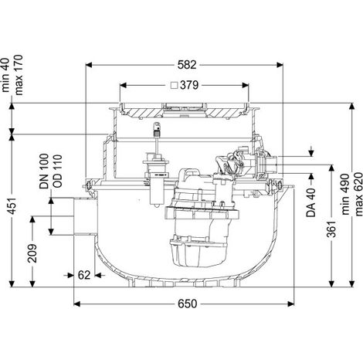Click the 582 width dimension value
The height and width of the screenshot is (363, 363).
[x=187, y=65]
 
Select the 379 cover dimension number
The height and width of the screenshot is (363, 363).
[x=189, y=85]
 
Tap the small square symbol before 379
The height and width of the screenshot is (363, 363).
[x=175, y=85]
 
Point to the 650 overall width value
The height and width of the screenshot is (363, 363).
[x=187, y=304]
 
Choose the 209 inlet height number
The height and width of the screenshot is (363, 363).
[x=32, y=253]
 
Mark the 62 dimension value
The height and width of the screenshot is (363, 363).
[x=84, y=275]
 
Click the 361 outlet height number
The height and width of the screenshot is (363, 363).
[x=331, y=229]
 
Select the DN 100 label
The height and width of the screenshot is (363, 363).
[x=44, y=171]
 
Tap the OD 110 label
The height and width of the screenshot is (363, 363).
[x=57, y=171]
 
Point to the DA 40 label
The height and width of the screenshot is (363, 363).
[x=310, y=202]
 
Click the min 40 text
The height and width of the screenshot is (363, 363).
[x=5, y=75]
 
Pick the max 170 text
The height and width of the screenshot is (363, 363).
[x=19, y=75]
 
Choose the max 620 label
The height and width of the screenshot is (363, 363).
[x=358, y=195]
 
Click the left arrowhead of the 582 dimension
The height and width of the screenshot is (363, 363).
[x=89, y=65]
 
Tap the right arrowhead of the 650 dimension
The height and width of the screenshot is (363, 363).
[x=290, y=304]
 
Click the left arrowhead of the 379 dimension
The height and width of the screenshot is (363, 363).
[x=123, y=85]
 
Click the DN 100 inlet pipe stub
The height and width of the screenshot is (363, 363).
[x=86, y=216]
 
